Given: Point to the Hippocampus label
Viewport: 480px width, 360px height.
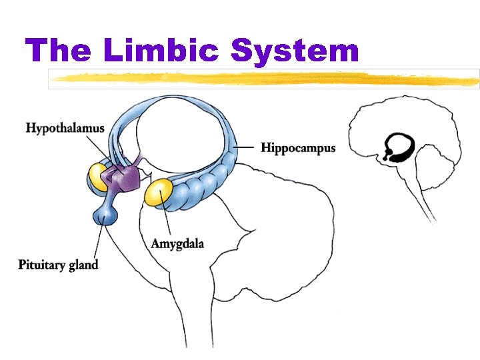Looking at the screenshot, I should (x=298, y=147).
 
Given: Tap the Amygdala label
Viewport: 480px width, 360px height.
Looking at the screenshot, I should (x=177, y=243).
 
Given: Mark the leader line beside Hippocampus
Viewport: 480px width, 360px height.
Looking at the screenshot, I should (x=245, y=147).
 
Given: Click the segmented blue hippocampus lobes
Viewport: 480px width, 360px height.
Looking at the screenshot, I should (x=207, y=183).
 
